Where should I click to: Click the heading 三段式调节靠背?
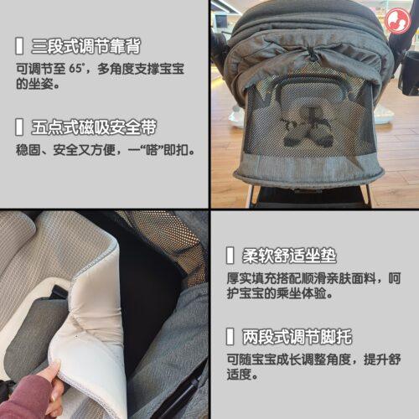click(x=86, y=46)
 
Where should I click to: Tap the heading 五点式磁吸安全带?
click(x=94, y=127)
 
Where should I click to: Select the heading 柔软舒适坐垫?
click(x=289, y=256)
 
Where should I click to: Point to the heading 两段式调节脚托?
click(x=297, y=337)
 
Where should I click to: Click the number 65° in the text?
click(x=76, y=69)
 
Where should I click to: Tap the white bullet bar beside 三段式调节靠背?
click(x=19, y=46)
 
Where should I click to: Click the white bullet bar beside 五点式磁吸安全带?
click(x=19, y=127)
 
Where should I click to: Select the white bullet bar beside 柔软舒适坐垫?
click(x=230, y=256)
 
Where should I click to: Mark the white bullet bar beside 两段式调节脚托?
click(x=230, y=337)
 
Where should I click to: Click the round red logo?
click(x=398, y=21)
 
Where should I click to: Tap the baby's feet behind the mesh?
click(x=307, y=132)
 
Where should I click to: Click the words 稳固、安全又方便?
click(x=66, y=150)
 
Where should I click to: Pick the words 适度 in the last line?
click(x=239, y=375)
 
